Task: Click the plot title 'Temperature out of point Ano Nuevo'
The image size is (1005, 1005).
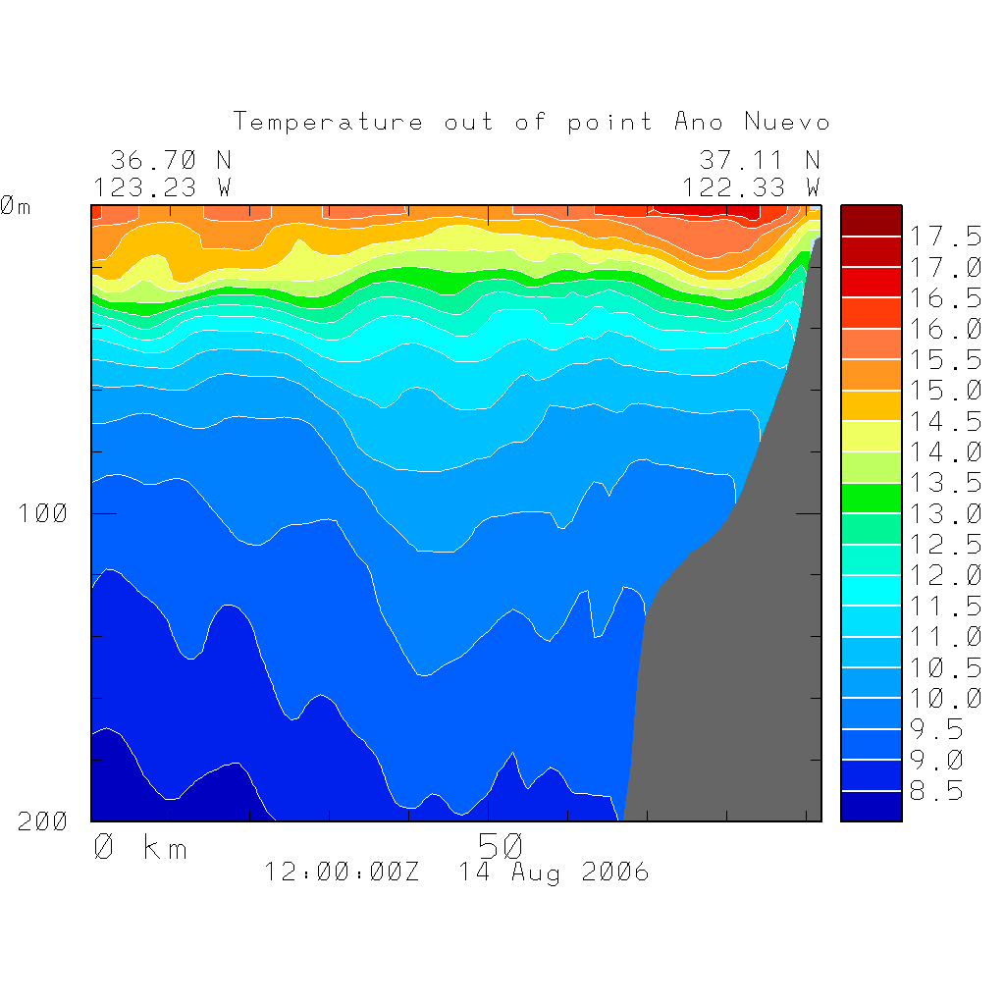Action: (531, 123)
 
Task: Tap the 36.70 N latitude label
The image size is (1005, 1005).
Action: (171, 160)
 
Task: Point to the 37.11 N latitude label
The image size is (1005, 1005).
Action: (759, 160)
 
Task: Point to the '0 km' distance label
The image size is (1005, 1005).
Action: (139, 847)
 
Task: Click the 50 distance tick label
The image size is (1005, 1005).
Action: (502, 845)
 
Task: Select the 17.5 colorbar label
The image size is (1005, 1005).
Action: (945, 237)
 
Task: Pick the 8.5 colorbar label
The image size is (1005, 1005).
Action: (936, 791)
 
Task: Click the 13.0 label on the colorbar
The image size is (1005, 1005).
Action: (945, 513)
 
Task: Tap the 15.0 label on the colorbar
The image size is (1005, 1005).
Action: (945, 391)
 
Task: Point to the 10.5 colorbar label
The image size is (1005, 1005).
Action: (945, 668)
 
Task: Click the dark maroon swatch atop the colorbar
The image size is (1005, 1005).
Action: (871, 221)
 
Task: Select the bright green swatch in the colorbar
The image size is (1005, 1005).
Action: (871, 498)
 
